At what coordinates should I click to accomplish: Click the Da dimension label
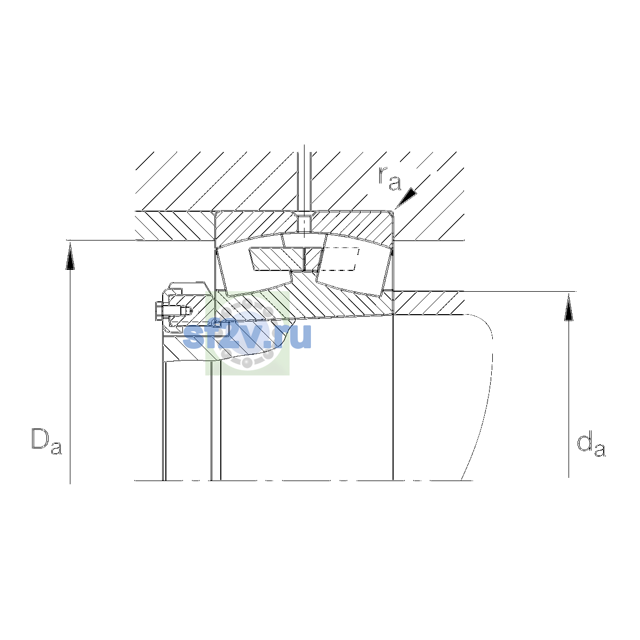46,442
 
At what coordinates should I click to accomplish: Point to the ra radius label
390,179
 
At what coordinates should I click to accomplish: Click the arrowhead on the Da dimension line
70,255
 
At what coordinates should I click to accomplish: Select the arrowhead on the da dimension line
569,307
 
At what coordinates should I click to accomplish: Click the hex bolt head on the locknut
158,311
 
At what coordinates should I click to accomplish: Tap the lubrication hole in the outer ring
304,223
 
